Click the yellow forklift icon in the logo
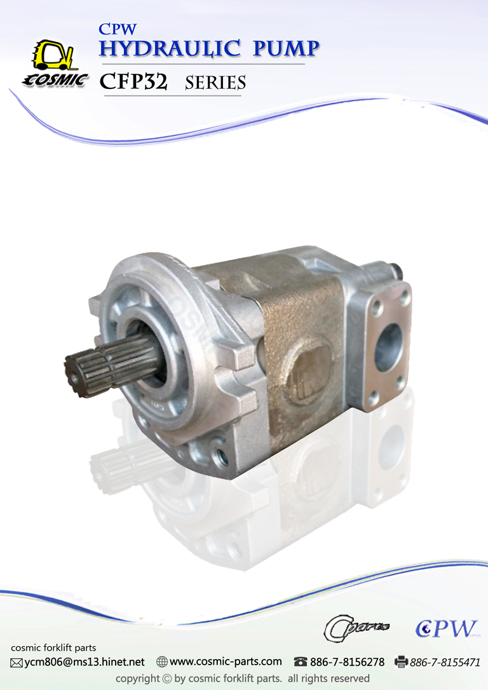point(54,55)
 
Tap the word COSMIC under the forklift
point(55,80)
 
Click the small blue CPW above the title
point(118,29)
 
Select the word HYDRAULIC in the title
point(170,48)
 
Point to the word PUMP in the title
point(286,48)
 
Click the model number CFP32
point(133,81)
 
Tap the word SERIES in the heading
point(215,83)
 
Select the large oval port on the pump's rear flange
point(388,348)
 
